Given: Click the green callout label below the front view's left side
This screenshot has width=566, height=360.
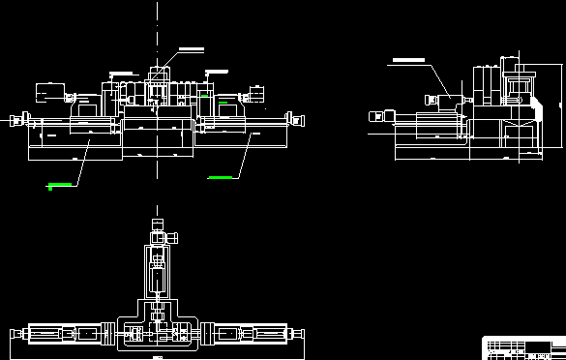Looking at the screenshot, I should (60, 183).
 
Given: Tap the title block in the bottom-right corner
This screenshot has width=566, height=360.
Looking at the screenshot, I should (523, 346).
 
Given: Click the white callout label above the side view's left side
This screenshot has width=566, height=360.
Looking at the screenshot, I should (406, 60).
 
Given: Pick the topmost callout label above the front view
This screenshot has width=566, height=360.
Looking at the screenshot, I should (191, 47).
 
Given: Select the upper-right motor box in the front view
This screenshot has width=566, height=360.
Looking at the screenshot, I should (257, 93).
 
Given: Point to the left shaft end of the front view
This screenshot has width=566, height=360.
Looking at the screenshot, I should (15, 121).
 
